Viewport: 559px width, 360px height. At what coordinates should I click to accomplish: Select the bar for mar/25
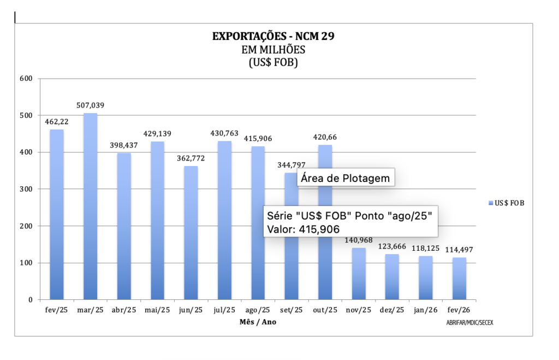pyautogui.click(x=90, y=208)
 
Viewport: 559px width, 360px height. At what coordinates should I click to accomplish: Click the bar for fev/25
pyautogui.click(x=57, y=216)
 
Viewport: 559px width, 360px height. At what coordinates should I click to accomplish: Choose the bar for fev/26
pyautogui.click(x=459, y=279)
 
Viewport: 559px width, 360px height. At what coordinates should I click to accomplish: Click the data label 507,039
pyautogui.click(x=90, y=105)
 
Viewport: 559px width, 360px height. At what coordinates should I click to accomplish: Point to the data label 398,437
pyautogui.click(x=124, y=145)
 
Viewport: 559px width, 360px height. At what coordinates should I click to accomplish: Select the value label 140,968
pyautogui.click(x=359, y=240)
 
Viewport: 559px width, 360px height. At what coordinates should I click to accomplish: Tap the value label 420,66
pyautogui.click(x=325, y=137)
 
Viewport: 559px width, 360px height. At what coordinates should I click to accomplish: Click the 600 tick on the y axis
pyautogui.click(x=27, y=79)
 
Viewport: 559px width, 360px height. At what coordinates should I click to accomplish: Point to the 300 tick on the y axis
pyautogui.click(x=27, y=189)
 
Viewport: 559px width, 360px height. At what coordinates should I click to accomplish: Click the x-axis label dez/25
pyautogui.click(x=392, y=310)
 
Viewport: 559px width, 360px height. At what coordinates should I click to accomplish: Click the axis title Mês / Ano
pyautogui.click(x=258, y=322)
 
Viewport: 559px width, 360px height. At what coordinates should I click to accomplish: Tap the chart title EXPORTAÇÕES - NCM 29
pyautogui.click(x=273, y=37)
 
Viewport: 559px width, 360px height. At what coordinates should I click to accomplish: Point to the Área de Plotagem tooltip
pyautogui.click(x=346, y=178)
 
